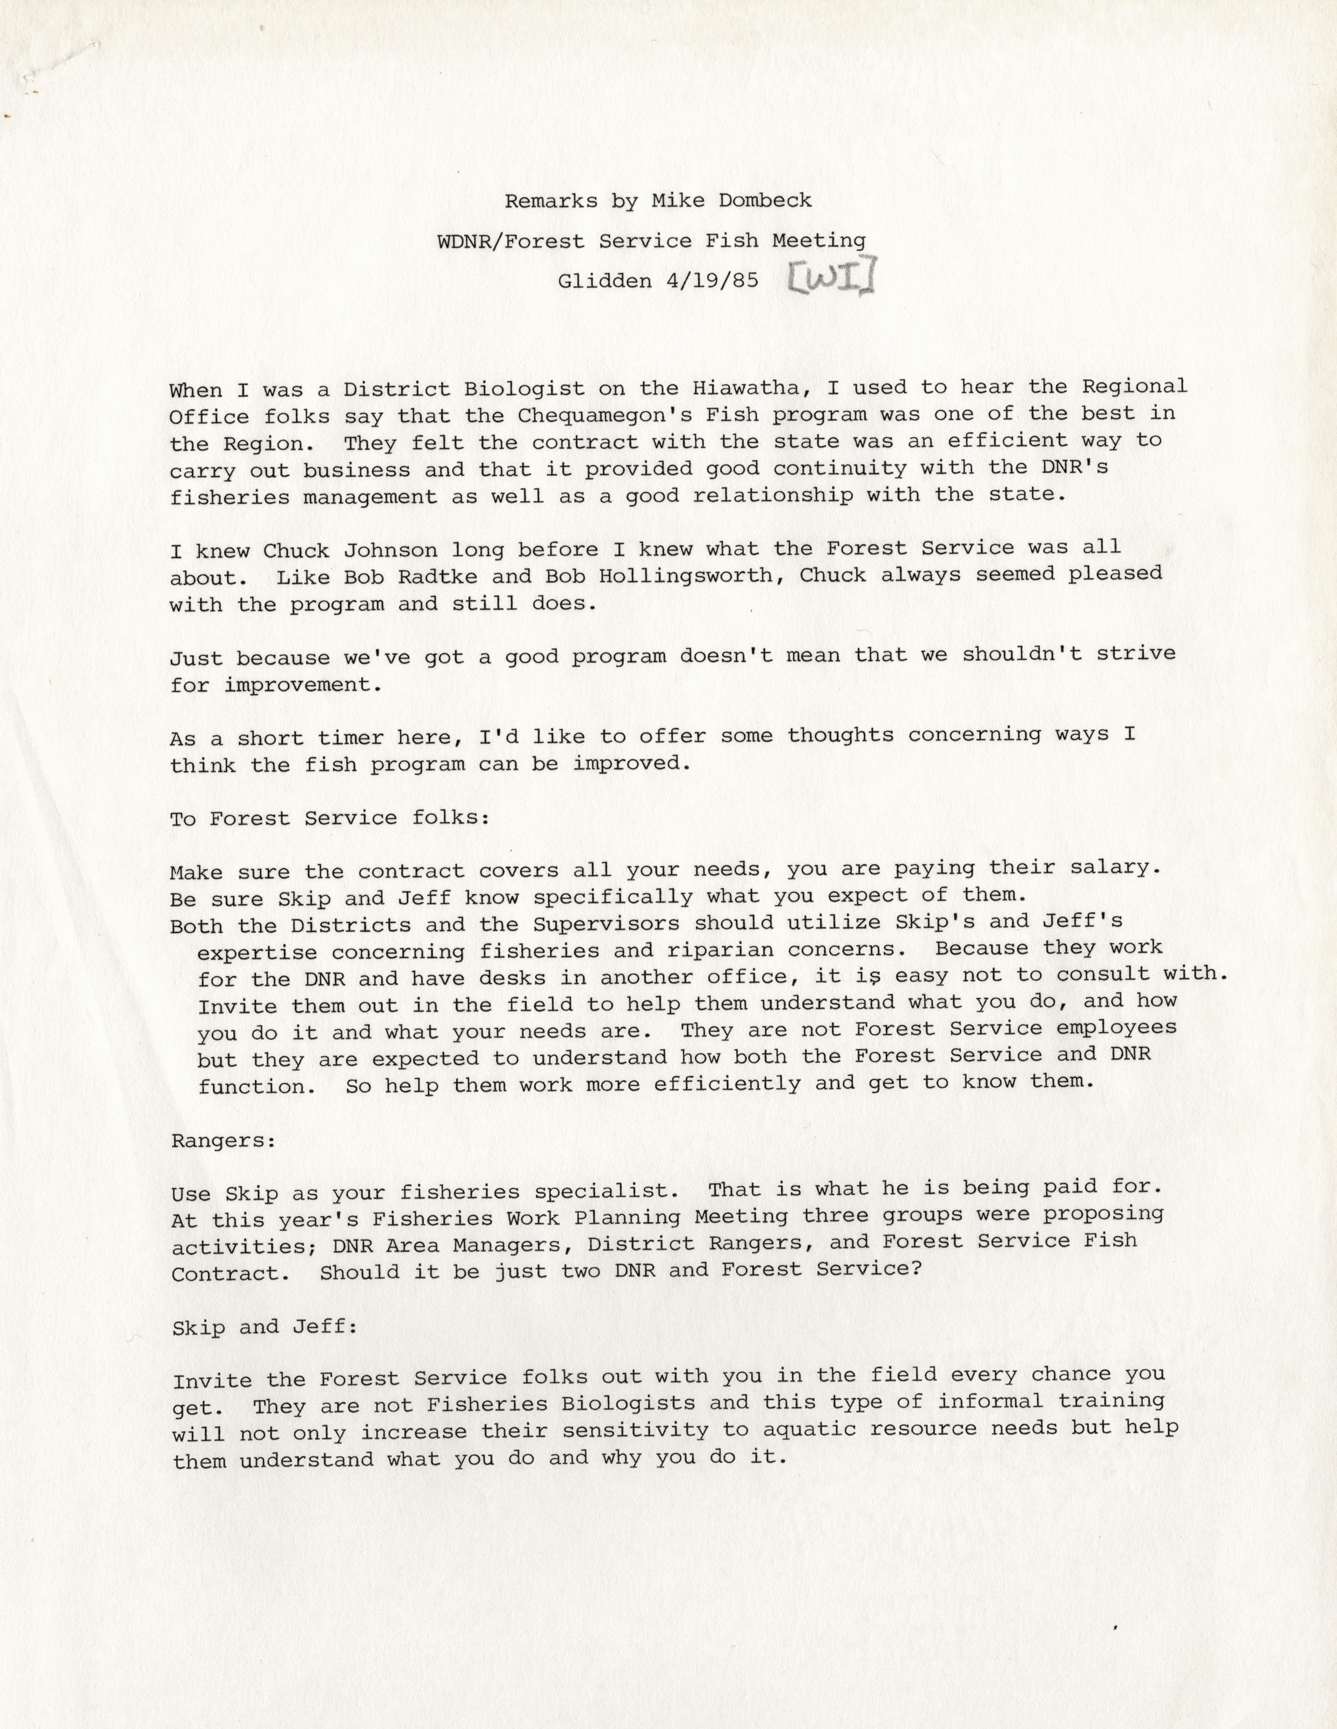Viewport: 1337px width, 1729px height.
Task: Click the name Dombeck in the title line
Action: (764, 200)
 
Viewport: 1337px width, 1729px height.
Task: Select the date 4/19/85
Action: (713, 280)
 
